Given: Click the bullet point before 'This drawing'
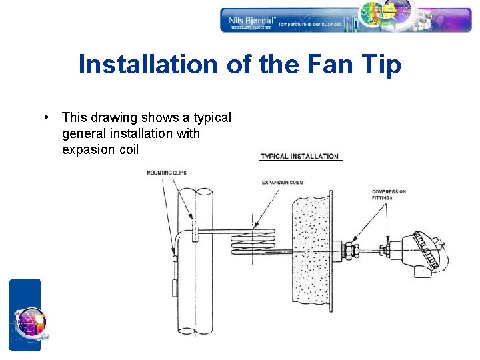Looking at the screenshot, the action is [x=45, y=117].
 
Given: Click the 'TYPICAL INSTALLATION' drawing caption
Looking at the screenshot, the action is [x=300, y=157].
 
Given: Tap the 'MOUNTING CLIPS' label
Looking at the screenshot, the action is [x=167, y=173].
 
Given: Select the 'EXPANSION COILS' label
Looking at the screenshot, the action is [x=282, y=182].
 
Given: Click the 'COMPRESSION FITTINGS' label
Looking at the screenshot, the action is [x=389, y=195].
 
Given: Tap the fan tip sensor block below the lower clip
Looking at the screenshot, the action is [x=174, y=288].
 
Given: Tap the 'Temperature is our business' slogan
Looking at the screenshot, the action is [x=309, y=25].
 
